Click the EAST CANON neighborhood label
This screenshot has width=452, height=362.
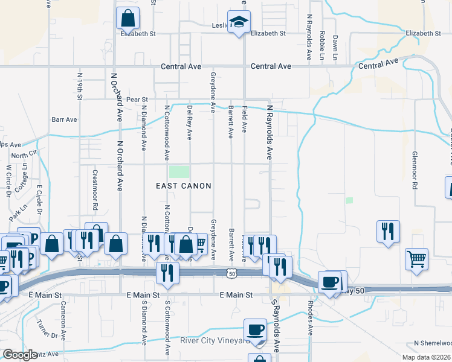[184, 186]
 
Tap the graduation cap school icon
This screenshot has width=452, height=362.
[239, 22]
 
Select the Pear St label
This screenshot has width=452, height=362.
[137, 98]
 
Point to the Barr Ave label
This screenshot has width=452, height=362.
[65, 119]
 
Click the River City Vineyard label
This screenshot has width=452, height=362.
[215, 341]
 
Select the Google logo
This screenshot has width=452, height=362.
[20, 355]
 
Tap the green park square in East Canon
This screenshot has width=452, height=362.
[179, 172]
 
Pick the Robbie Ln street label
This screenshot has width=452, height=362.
[323, 46]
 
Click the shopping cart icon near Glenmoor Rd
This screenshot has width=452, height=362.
[416, 259]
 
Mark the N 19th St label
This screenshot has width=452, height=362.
[80, 86]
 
